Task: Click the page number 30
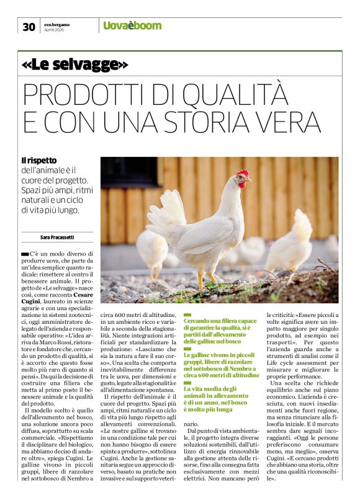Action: tap(29, 26)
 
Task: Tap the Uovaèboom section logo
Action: tap(132, 25)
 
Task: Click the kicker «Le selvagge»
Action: tap(74, 64)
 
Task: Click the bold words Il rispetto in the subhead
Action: tap(38, 161)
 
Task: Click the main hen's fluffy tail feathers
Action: tap(165, 214)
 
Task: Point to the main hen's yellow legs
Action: tap(207, 277)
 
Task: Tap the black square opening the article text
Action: tap(25, 254)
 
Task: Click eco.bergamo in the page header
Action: tap(56, 22)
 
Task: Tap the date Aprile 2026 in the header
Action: tap(53, 29)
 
